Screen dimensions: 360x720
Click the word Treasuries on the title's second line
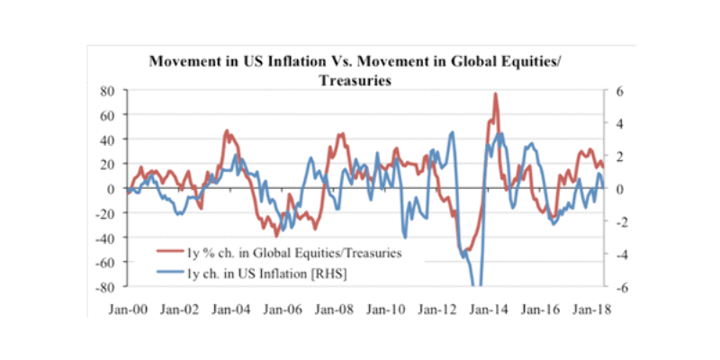359,80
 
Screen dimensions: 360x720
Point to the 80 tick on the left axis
107,91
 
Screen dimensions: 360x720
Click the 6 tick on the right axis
619,91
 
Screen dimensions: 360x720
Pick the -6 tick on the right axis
621,288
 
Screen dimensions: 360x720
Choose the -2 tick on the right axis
621,222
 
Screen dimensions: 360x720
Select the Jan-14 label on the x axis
483,308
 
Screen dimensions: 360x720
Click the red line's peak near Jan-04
227,131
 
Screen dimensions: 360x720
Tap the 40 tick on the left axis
107,139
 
